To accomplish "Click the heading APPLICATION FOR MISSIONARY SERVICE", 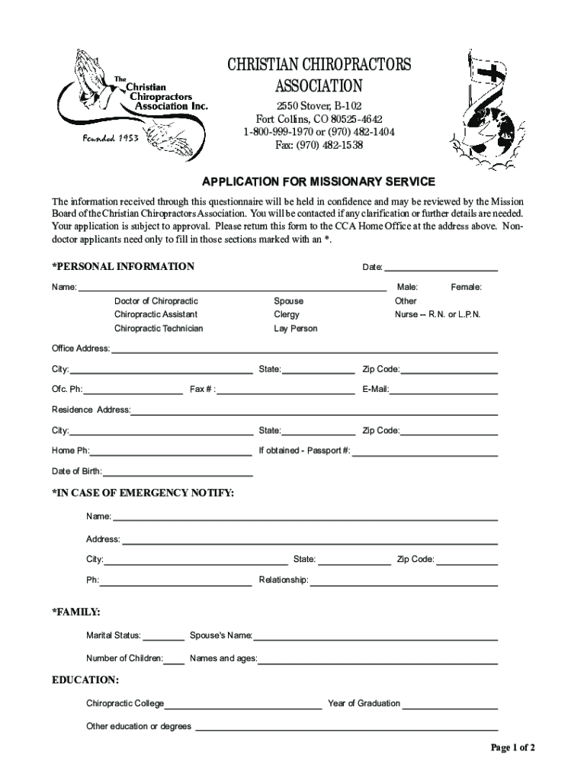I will (318, 182).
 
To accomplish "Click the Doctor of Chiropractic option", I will (156, 301).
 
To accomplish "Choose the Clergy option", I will (287, 314).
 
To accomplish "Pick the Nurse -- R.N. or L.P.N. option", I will (437, 314).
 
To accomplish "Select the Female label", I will (467, 287).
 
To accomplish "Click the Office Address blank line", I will (304, 351).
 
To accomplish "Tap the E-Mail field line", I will (444, 391).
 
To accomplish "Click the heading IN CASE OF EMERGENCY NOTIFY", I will (143, 493).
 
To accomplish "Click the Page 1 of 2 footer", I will (513, 747).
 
